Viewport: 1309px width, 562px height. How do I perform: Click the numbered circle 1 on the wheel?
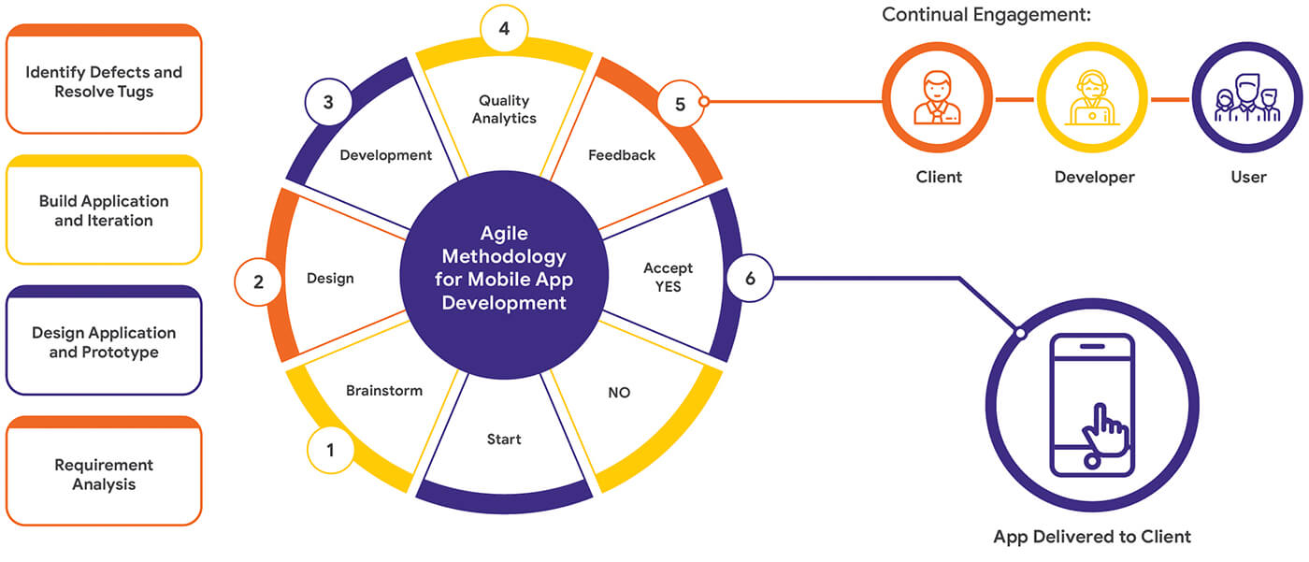(x=329, y=451)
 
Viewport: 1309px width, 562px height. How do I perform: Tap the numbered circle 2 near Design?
(x=259, y=281)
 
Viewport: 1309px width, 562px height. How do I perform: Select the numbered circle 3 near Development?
(x=328, y=103)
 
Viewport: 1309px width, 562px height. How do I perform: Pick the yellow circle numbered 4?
(x=504, y=29)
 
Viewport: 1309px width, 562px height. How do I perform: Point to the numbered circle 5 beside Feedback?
(x=680, y=104)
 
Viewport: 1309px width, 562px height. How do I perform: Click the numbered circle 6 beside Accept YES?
(x=750, y=279)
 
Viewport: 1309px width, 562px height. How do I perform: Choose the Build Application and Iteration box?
(x=104, y=210)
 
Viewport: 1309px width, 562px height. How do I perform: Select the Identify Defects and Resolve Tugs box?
(x=104, y=80)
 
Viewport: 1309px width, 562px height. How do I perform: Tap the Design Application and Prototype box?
(x=104, y=341)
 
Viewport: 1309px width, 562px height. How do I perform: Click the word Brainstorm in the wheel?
(x=384, y=390)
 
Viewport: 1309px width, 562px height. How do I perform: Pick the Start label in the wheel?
(x=504, y=439)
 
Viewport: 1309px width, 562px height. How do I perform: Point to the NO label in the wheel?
(x=619, y=393)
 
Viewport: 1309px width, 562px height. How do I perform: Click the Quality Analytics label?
(x=504, y=109)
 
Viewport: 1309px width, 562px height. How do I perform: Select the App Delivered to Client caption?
(x=1092, y=537)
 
